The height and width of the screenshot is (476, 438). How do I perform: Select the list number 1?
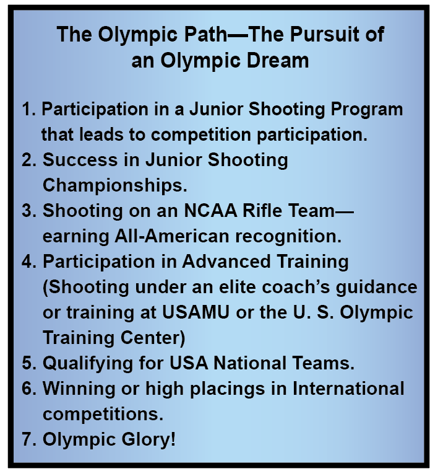pos(27,110)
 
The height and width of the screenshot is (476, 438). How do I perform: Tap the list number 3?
pos(28,211)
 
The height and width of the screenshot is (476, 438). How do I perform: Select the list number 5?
pos(28,363)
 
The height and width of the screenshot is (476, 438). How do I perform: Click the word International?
pos(348,389)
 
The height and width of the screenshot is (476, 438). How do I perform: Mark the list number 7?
pos(28,439)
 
